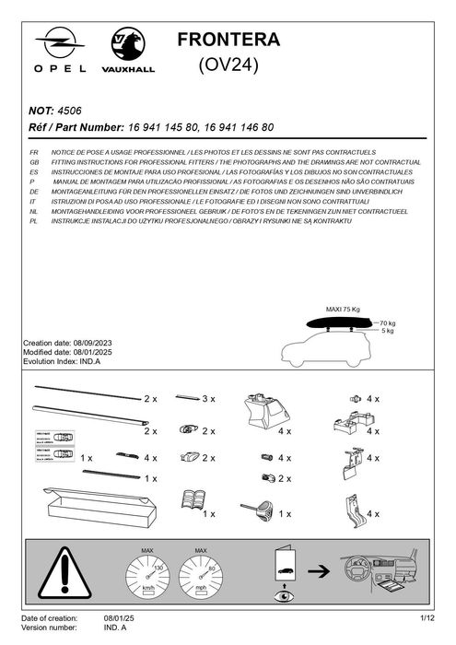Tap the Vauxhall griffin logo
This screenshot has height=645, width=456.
[127, 42]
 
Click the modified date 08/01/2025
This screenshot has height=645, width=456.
[99, 351]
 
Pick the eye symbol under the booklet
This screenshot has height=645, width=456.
[282, 595]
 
